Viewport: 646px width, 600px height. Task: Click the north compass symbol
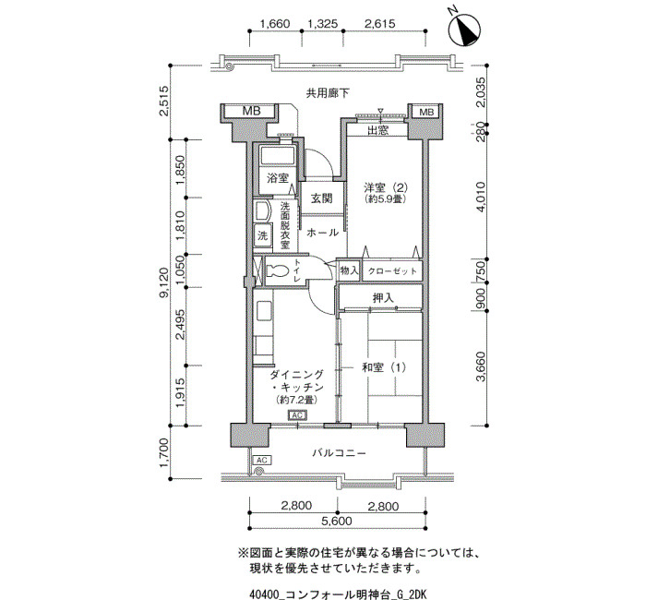464,29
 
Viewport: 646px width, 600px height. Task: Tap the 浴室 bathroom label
277,178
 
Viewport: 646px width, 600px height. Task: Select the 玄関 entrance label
321,198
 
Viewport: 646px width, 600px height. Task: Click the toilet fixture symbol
277,271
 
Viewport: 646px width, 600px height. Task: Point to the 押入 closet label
383,298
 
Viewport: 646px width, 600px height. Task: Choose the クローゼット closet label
392,271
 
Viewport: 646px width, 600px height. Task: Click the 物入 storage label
349,270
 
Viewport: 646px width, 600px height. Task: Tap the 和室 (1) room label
384,366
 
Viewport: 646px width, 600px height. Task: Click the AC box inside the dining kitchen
297,415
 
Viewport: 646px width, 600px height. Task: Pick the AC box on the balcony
262,460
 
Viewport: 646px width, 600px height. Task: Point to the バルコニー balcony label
339,453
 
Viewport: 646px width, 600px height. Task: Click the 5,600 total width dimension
337,521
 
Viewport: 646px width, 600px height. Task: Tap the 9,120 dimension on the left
165,282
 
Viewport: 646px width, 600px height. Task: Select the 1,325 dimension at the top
323,24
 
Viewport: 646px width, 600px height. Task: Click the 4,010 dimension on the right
481,197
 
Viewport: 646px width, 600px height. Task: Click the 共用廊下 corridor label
328,93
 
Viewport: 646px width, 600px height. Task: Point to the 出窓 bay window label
377,131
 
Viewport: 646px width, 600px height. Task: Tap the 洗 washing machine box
262,235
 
